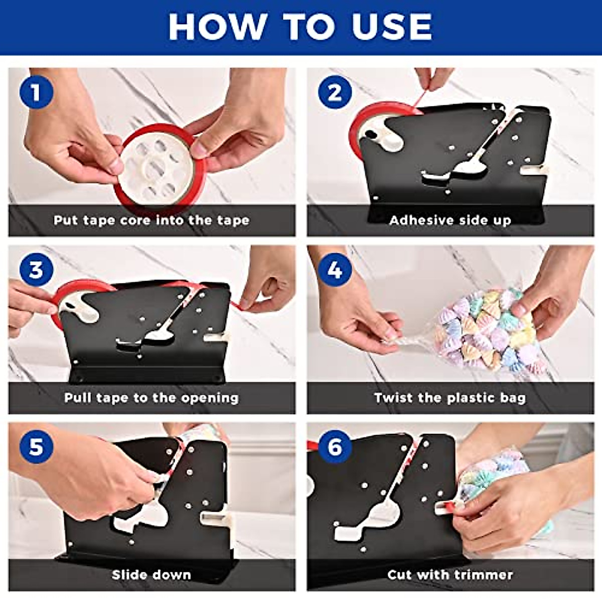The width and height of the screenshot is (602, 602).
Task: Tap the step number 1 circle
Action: pos(36,93)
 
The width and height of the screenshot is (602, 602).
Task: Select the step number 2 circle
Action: pos(335,93)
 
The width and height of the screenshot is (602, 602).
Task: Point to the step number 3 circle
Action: pos(36,270)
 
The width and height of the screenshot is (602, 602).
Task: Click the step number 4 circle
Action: pos(335,270)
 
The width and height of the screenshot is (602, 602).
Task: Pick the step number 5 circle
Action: pos(36,447)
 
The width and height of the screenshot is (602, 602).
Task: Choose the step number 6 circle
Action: pos(335,447)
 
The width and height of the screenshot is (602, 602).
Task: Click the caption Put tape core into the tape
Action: pos(152,220)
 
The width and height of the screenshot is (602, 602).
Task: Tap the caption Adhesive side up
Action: pos(450,220)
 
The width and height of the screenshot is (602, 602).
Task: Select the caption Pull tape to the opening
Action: pos(152,398)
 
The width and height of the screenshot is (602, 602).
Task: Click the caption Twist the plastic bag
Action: pos(450,398)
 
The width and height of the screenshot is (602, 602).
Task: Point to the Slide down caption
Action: pos(152,575)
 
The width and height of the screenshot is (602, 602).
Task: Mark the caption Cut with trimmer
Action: pos(450,575)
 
